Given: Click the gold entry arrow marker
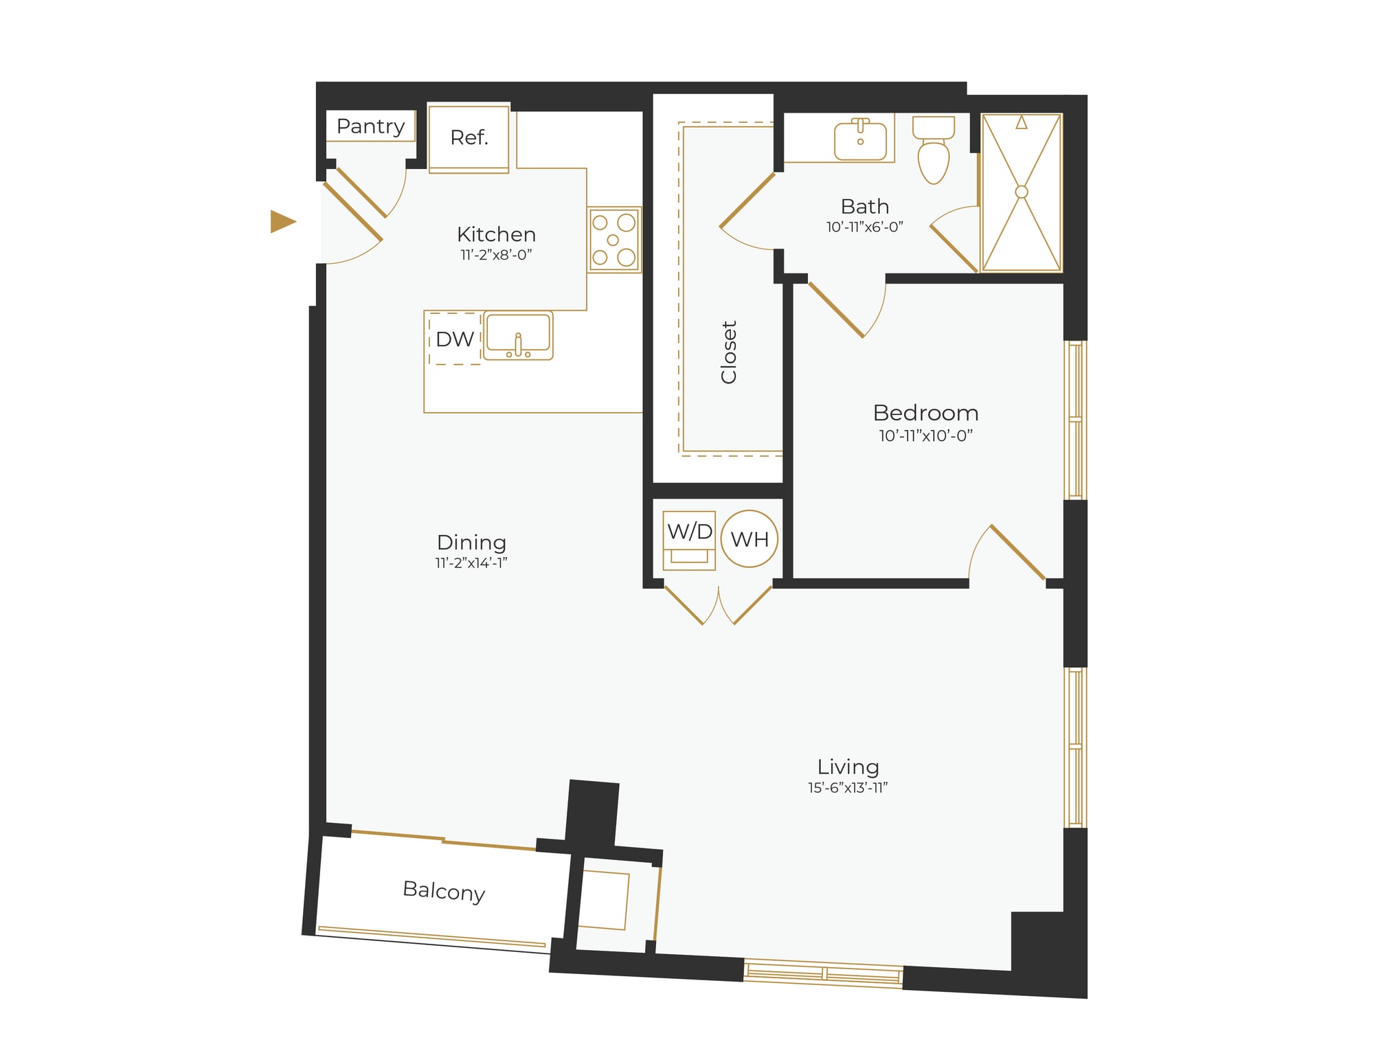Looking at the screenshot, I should pos(282,221).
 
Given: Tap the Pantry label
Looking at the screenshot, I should pos(370,126).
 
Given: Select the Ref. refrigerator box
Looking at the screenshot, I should pos(469,138).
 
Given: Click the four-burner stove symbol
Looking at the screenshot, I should pos(613,240).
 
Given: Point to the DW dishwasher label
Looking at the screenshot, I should pos(454,339).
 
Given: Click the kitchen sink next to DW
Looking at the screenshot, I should pos(518,335).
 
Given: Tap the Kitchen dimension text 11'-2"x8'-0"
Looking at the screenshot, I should pos(496,255).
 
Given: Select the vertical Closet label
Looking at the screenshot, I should pos(728,352).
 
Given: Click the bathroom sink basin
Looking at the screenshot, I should pos(860,140).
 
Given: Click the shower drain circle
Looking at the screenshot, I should pos(1022,192).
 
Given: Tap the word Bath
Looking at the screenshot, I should pos(864,206).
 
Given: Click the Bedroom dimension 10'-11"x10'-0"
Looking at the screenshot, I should pos(925,436).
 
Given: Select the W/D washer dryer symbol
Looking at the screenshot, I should pos(689,539).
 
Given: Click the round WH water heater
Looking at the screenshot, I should pos(750,539).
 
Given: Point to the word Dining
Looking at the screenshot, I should pos(471,542).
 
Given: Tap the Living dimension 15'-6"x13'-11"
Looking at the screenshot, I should pos(847,788).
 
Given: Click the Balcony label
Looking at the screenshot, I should pos(444,891).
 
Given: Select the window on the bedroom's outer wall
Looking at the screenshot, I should pos(1074,420).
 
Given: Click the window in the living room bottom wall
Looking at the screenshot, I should pos(823,973).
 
